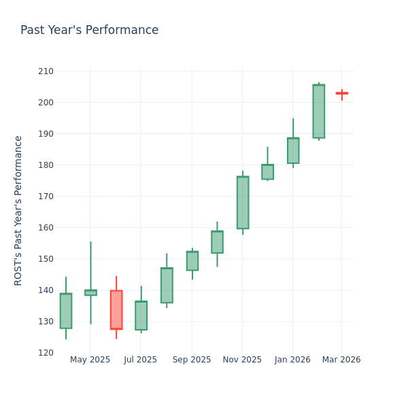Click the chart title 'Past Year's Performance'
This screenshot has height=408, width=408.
coord(89,31)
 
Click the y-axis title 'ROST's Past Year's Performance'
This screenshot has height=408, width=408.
coord(18,210)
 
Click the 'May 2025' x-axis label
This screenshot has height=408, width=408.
coord(90,360)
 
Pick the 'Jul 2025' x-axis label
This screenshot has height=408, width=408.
coord(141,360)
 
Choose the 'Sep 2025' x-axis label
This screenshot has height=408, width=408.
coord(192,360)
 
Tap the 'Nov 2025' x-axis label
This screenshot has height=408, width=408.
coord(242,360)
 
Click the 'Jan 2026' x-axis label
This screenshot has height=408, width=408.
coord(292,360)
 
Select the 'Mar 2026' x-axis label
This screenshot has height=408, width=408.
coord(342,360)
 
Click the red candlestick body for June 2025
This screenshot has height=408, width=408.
coord(116,309)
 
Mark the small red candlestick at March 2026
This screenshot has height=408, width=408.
coord(341,93)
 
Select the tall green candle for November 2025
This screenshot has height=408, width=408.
coord(243,203)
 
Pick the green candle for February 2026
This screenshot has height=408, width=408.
coord(318,112)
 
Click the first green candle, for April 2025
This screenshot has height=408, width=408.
coord(66,311)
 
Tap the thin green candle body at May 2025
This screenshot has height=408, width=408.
coord(90,292)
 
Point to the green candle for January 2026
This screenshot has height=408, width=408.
coord(293,151)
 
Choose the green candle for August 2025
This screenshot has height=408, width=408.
coord(167,285)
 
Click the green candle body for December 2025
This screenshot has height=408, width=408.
coord(267,172)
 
